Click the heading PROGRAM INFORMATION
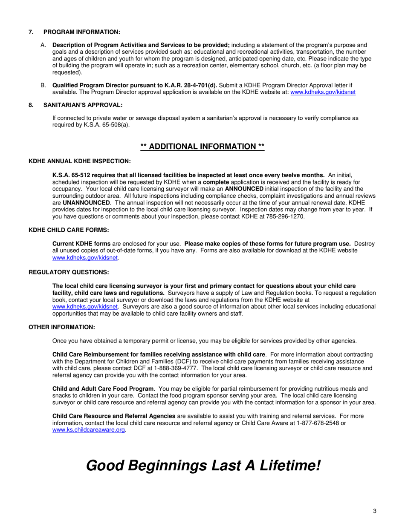[x=82, y=32]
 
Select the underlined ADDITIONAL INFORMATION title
[x=202, y=147]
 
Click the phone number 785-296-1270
[x=286, y=216]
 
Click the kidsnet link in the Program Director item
[x=323, y=92]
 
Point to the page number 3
[x=374, y=511]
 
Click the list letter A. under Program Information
[x=43, y=45]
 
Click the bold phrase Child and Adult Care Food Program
[x=103, y=389]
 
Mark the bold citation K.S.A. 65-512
[x=72, y=175]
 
